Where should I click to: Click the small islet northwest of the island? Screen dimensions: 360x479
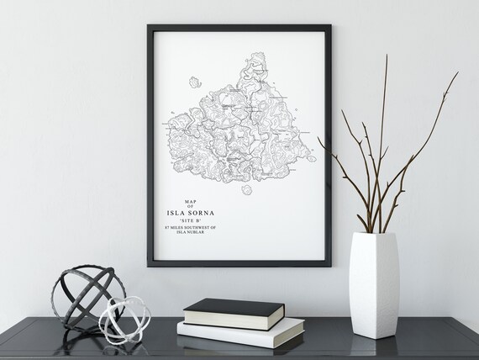pyautogui.click(x=195, y=82)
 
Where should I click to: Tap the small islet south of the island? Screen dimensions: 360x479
pyautogui.click(x=247, y=189)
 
